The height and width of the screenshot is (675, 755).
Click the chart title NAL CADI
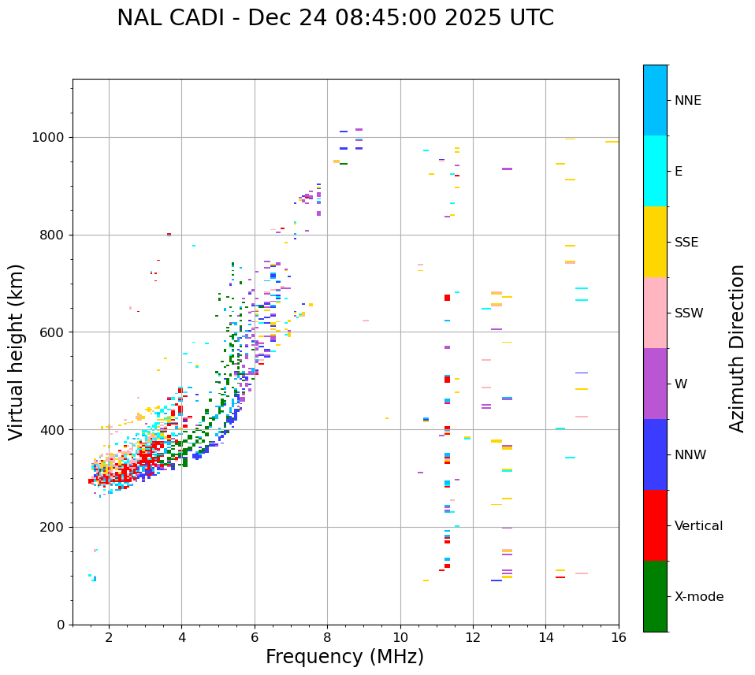click(x=335, y=18)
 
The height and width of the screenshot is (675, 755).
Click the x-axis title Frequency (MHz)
click(x=344, y=657)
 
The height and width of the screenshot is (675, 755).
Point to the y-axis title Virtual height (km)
click(x=17, y=351)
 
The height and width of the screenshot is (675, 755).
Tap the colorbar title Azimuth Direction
click(x=737, y=347)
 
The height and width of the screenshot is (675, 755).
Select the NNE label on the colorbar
click(x=687, y=101)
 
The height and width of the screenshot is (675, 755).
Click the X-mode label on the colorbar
click(x=698, y=597)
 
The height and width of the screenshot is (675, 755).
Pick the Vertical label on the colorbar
click(x=698, y=526)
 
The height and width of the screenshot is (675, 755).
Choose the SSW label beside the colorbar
click(x=689, y=313)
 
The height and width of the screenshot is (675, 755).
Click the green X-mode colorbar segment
click(x=655, y=596)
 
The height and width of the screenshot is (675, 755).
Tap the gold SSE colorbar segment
click(x=655, y=242)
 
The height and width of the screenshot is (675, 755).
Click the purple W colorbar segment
click(x=655, y=384)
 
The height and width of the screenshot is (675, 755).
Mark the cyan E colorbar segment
click(x=655, y=171)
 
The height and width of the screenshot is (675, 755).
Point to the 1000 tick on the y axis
click(x=52, y=138)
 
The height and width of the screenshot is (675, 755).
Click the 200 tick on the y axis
click(x=56, y=528)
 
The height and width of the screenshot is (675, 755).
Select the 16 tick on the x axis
click(x=619, y=636)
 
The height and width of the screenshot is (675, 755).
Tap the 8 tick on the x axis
click(x=327, y=636)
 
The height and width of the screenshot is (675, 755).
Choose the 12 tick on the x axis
click(x=473, y=636)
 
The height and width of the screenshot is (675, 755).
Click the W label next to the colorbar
click(x=681, y=384)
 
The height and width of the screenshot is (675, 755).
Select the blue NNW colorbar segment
click(x=655, y=454)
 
